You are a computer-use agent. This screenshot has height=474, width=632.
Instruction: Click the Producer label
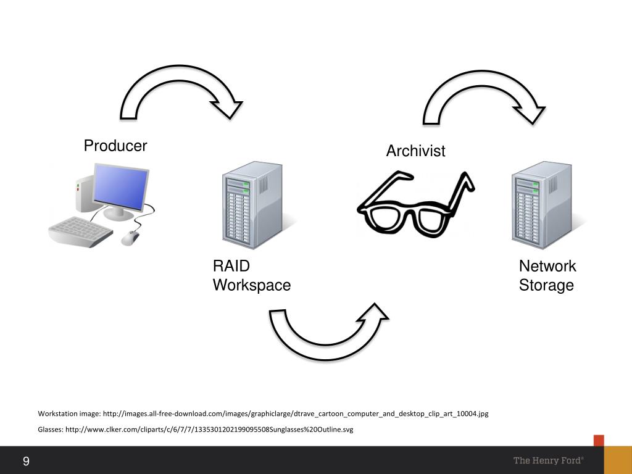(115, 146)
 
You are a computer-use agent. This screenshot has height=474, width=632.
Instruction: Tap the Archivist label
(415, 151)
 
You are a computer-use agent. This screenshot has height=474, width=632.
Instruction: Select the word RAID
(231, 266)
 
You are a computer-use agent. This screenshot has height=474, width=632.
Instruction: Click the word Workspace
(251, 285)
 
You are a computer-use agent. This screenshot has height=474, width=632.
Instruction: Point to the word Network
(547, 266)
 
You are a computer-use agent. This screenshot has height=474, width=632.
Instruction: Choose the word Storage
(546, 285)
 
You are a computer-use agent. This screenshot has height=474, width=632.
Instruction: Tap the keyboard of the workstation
(80, 231)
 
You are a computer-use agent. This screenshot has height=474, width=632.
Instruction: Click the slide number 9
(27, 462)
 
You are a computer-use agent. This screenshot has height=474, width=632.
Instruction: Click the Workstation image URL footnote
(263, 414)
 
